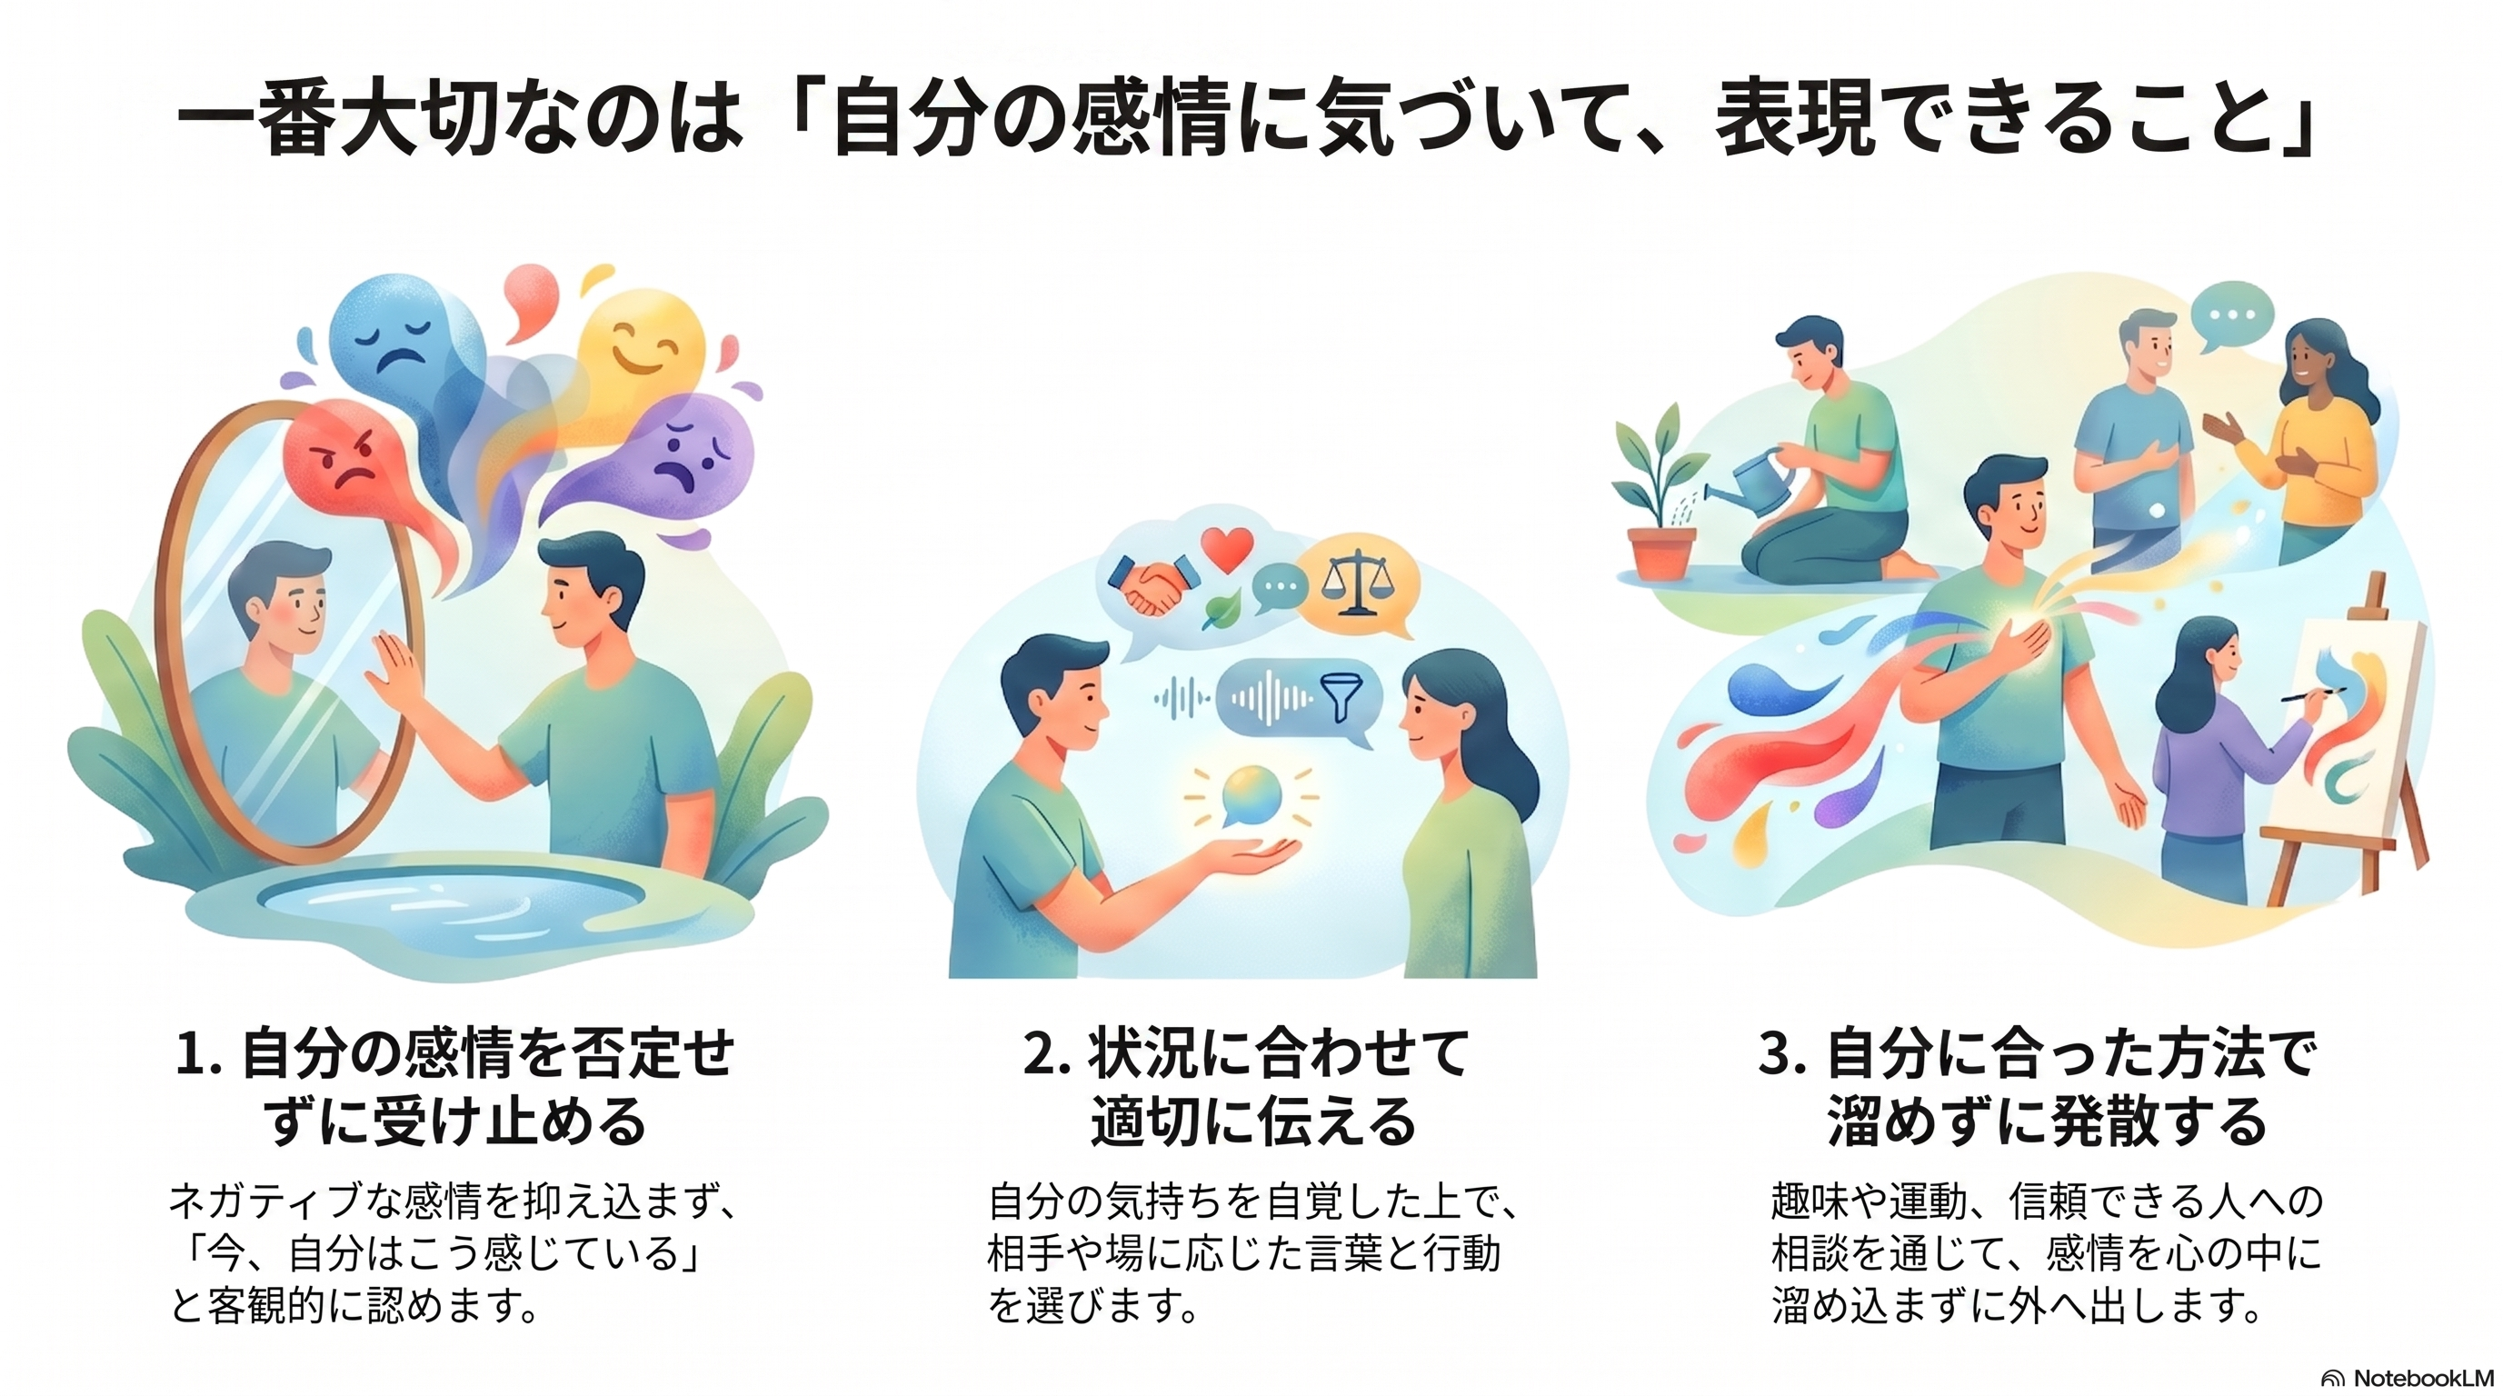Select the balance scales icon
pos(1356,583)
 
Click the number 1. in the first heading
pos(199,1054)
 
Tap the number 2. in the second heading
pos(1047,1054)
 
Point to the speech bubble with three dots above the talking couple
pos(2232,316)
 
